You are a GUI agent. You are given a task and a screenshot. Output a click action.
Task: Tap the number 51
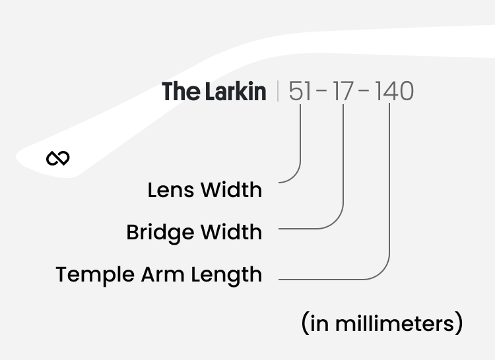click(300, 92)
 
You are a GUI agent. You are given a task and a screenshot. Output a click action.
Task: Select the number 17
click(343, 92)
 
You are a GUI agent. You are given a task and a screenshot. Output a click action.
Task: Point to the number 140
click(394, 92)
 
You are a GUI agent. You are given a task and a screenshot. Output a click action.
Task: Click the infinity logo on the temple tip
click(58, 158)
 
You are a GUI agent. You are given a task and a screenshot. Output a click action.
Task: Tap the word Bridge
click(160, 232)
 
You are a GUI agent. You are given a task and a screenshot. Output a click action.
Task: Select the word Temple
click(94, 274)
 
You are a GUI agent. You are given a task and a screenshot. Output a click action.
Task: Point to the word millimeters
click(394, 324)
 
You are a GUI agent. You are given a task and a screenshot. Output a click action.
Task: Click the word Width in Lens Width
click(231, 190)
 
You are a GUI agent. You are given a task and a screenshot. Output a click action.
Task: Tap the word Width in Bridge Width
click(231, 232)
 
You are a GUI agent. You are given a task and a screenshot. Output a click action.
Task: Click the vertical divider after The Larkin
click(278, 91)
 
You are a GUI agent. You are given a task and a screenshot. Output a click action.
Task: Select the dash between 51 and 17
click(322, 92)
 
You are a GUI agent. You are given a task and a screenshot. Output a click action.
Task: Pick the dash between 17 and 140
click(364, 92)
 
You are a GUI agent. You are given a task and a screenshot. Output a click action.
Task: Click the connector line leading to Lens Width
click(300, 145)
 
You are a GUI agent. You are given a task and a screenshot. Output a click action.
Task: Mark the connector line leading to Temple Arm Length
click(389, 198)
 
